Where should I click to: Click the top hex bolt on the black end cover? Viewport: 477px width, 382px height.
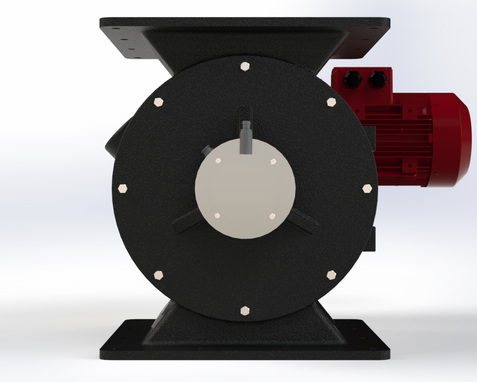point(245,66)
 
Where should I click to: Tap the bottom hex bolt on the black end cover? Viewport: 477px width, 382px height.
point(245,311)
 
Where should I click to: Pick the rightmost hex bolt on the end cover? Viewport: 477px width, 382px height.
point(367,189)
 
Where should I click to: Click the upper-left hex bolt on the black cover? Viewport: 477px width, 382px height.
point(159,102)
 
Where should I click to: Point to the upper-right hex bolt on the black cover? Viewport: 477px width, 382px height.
point(331,102)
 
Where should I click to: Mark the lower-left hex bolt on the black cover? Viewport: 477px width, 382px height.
point(159,275)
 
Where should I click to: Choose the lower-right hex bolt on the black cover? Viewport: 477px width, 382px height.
point(331,275)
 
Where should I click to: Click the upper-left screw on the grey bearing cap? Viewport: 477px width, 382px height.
point(218,161)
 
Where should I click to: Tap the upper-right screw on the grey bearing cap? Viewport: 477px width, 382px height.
point(272,162)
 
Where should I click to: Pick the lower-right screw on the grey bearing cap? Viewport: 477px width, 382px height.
point(272,216)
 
